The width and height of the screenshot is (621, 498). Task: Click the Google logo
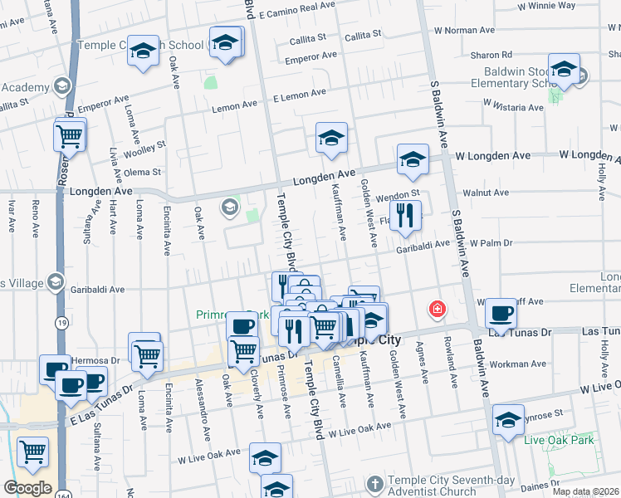point(27,488)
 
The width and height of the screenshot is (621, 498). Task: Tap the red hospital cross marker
point(436,310)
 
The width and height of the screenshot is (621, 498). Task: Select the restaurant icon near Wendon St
point(405,216)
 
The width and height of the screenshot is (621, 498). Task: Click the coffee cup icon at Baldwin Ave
point(501,314)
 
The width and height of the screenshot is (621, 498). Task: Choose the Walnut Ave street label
point(486,193)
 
